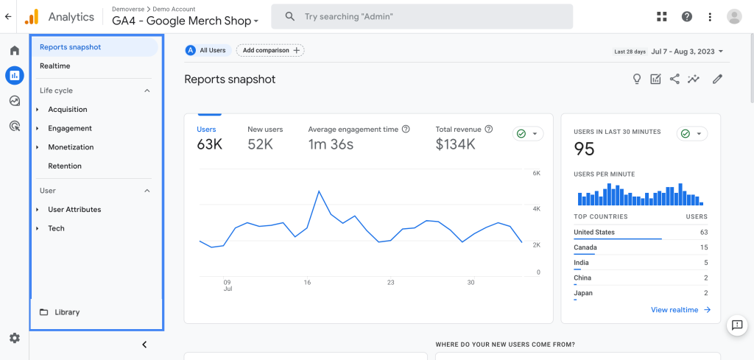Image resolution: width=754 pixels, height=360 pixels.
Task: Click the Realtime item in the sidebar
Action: point(55,66)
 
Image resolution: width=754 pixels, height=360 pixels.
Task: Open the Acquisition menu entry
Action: point(68,110)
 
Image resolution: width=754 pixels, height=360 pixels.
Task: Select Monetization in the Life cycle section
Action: point(71,147)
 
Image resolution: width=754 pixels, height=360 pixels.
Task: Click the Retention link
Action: point(65,166)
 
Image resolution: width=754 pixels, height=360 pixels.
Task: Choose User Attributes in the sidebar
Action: point(74,210)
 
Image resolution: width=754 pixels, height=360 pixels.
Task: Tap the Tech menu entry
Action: point(57,229)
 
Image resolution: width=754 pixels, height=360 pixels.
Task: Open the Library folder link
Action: point(66,312)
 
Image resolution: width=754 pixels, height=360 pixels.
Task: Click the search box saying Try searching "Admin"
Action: point(421,16)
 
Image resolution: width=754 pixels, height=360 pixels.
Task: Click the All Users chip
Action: point(208,50)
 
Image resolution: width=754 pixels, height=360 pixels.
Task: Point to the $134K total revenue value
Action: point(455,144)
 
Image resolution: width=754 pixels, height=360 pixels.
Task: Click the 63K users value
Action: point(209,144)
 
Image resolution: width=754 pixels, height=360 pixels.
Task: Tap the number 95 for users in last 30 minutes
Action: point(584,149)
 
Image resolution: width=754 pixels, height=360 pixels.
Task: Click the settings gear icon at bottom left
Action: point(14,338)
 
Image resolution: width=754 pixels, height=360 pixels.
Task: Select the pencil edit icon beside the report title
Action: point(717,80)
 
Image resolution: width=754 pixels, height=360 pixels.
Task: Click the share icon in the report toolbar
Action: point(674,80)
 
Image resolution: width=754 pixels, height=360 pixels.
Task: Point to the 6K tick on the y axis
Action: point(537,174)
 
